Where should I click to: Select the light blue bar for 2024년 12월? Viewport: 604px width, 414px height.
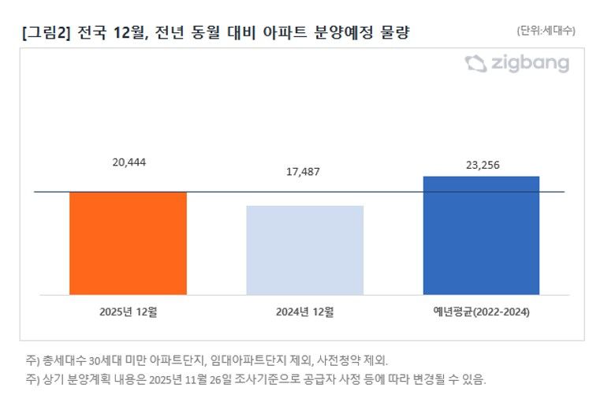(x=304, y=250)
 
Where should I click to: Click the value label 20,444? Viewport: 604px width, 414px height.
(x=129, y=162)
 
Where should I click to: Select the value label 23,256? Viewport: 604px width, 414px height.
(x=481, y=165)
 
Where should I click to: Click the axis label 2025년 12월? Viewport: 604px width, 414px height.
(x=129, y=311)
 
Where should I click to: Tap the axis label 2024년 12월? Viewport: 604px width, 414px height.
(x=305, y=311)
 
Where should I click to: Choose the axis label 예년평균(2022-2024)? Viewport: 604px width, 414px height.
(x=481, y=311)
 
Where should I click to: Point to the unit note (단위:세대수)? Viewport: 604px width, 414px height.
(x=546, y=31)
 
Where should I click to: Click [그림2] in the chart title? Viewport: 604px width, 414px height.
(x=48, y=32)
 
